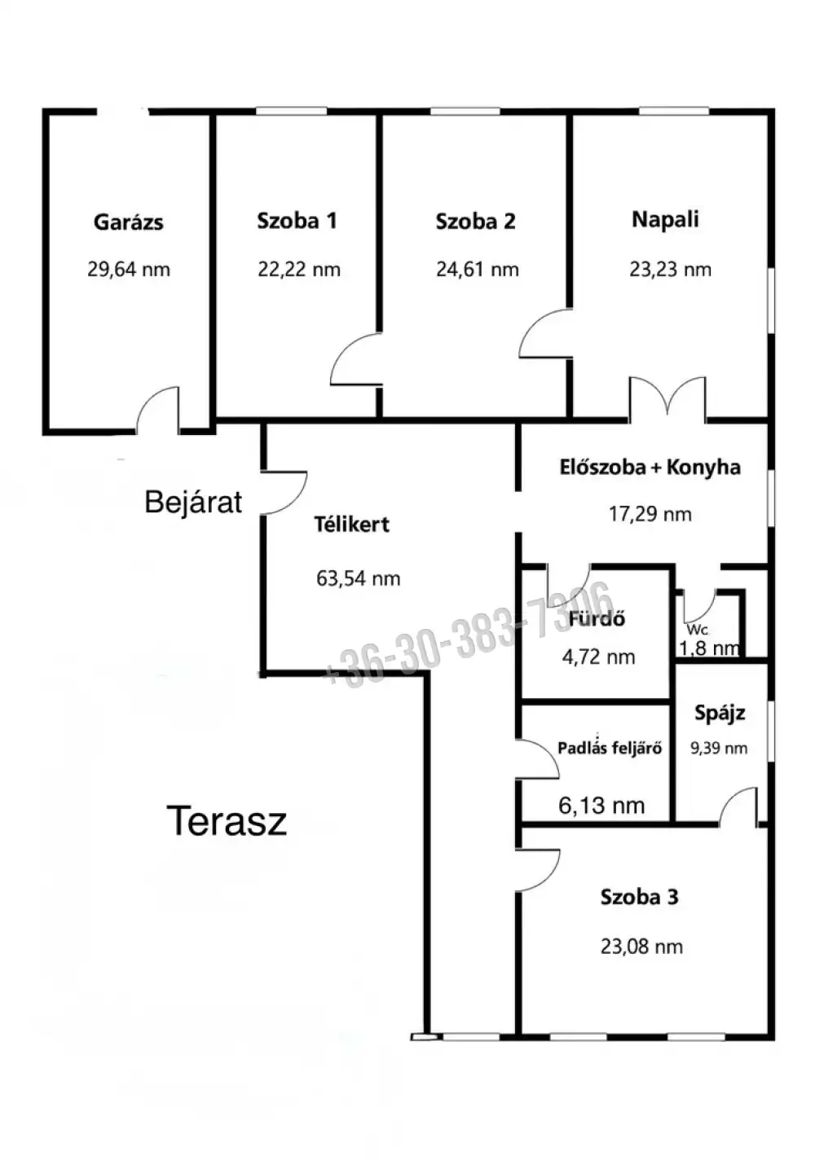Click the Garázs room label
click(x=129, y=222)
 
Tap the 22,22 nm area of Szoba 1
click(x=299, y=270)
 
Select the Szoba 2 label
click(x=476, y=222)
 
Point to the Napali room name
click(x=665, y=220)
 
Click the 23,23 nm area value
click(x=670, y=270)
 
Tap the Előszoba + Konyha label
click(x=650, y=468)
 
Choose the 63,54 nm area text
click(x=358, y=579)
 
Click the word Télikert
click(x=352, y=525)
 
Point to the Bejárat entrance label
click(x=193, y=503)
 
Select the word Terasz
click(x=227, y=821)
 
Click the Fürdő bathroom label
click(x=597, y=619)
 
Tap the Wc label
click(x=698, y=631)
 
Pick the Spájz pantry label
click(x=720, y=714)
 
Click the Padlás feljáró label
click(x=610, y=748)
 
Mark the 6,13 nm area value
click(x=601, y=806)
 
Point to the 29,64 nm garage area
click(x=129, y=270)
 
